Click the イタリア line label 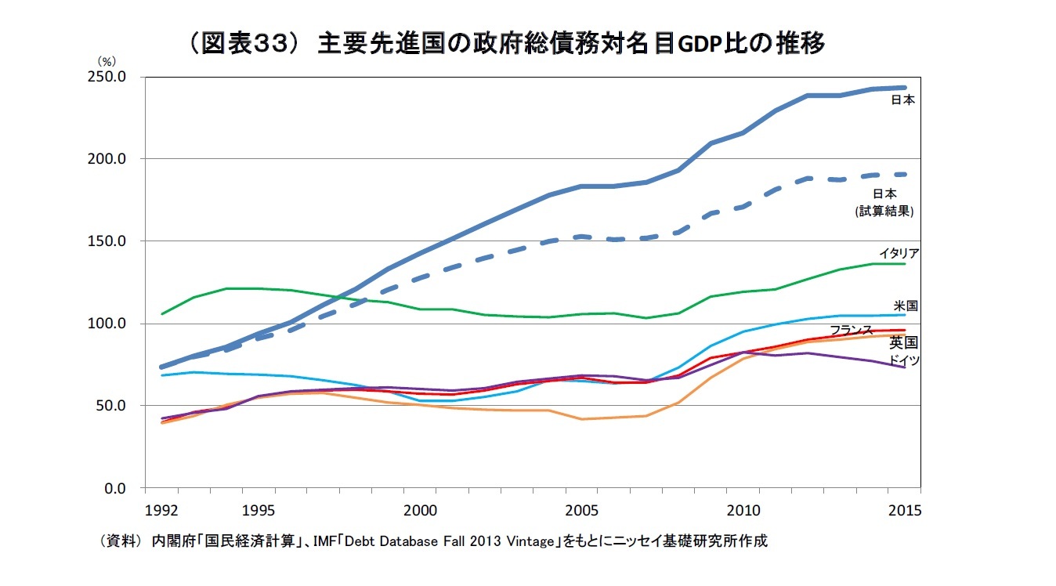899,253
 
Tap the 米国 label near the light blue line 906,305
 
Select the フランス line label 851,329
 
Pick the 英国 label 903,342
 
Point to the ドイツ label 904,360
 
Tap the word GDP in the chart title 696,45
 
